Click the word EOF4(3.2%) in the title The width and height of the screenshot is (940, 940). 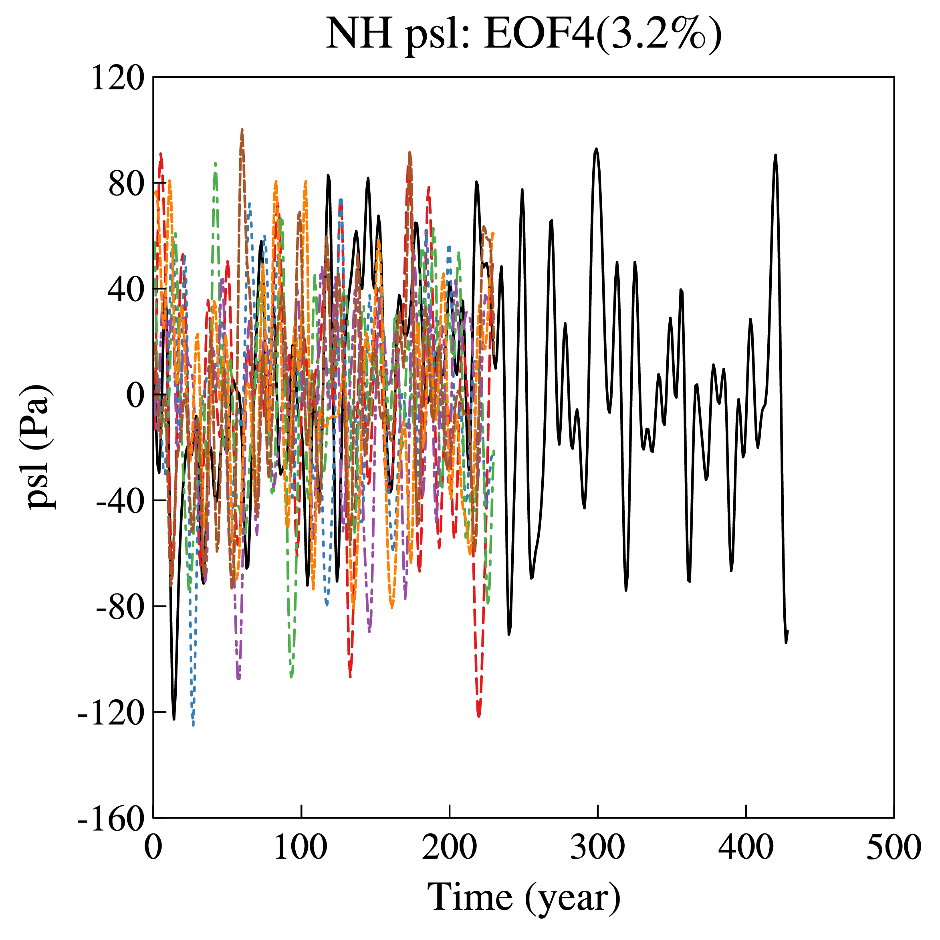pyautogui.click(x=603, y=34)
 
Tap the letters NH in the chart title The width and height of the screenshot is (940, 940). pyautogui.click(x=359, y=34)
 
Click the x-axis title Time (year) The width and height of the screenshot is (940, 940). pyautogui.click(x=524, y=896)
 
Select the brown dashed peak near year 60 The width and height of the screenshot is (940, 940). pyautogui.click(x=242, y=130)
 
